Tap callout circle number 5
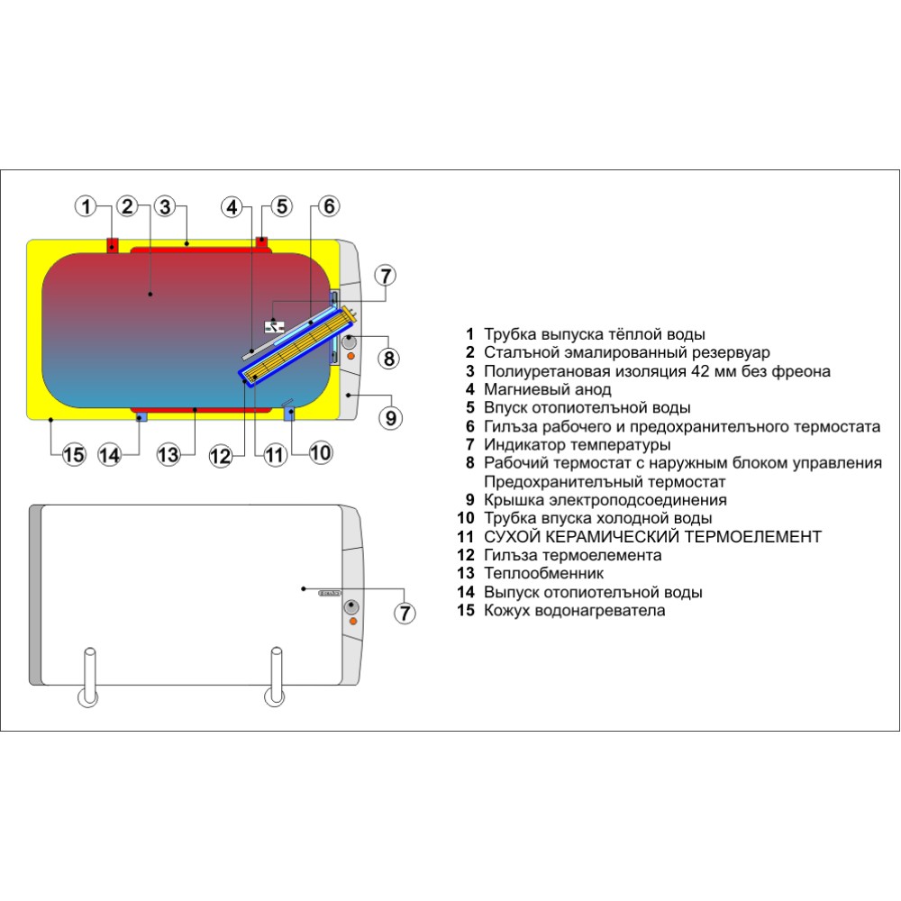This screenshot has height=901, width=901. click(282, 207)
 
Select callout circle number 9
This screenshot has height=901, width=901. click(390, 417)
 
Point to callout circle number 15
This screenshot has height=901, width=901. click(74, 454)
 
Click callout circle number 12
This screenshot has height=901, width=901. click(222, 456)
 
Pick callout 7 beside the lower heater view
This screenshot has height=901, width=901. click(405, 613)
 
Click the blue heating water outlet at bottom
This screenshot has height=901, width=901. click(140, 416)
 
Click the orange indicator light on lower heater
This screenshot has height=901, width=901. click(352, 622)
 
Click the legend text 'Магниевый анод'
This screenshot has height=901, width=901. click(547, 389)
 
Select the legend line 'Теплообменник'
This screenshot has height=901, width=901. click(543, 573)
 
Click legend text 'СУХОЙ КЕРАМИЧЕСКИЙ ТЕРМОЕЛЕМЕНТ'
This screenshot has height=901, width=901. click(652, 536)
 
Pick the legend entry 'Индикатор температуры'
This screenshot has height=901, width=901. click(577, 444)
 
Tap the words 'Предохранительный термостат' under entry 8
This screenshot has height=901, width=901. click(593, 481)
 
